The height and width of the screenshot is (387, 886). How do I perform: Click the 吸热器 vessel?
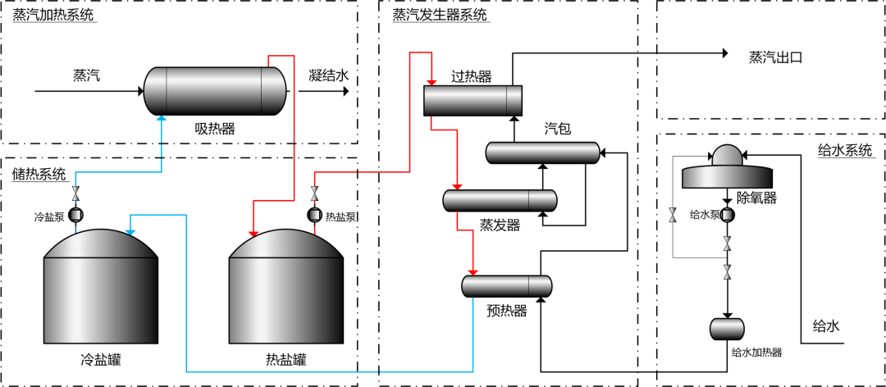pyautogui.click(x=215, y=90)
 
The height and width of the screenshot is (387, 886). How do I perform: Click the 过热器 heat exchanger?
pyautogui.click(x=473, y=100)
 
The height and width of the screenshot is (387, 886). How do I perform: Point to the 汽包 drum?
pyautogui.click(x=542, y=153)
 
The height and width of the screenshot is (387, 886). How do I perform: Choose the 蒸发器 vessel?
pyautogui.click(x=500, y=200)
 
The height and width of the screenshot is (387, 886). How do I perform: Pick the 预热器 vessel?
pyautogui.click(x=506, y=286)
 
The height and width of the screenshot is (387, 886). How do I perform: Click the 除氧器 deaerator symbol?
pyautogui.click(x=727, y=171)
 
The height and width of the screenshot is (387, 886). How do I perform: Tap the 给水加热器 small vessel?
pyautogui.click(x=726, y=328)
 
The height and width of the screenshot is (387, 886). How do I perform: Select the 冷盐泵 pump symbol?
pyautogui.click(x=76, y=216)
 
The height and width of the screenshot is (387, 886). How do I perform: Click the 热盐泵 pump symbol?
pyautogui.click(x=314, y=216)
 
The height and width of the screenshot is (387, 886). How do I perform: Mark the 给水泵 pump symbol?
pyautogui.click(x=727, y=215)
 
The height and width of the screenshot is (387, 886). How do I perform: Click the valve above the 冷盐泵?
pyautogui.click(x=76, y=195)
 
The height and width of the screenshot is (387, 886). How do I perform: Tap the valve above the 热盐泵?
pyautogui.click(x=314, y=195)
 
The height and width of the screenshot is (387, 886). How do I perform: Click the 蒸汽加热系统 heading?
pyautogui.click(x=53, y=16)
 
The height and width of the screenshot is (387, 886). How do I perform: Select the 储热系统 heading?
pyautogui.click(x=39, y=174)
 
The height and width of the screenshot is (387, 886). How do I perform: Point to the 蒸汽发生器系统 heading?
pyautogui.click(x=440, y=15)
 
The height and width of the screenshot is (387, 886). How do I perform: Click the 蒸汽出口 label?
pyautogui.click(x=774, y=57)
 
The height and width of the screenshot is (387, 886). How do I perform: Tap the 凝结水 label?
pyautogui.click(x=329, y=75)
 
